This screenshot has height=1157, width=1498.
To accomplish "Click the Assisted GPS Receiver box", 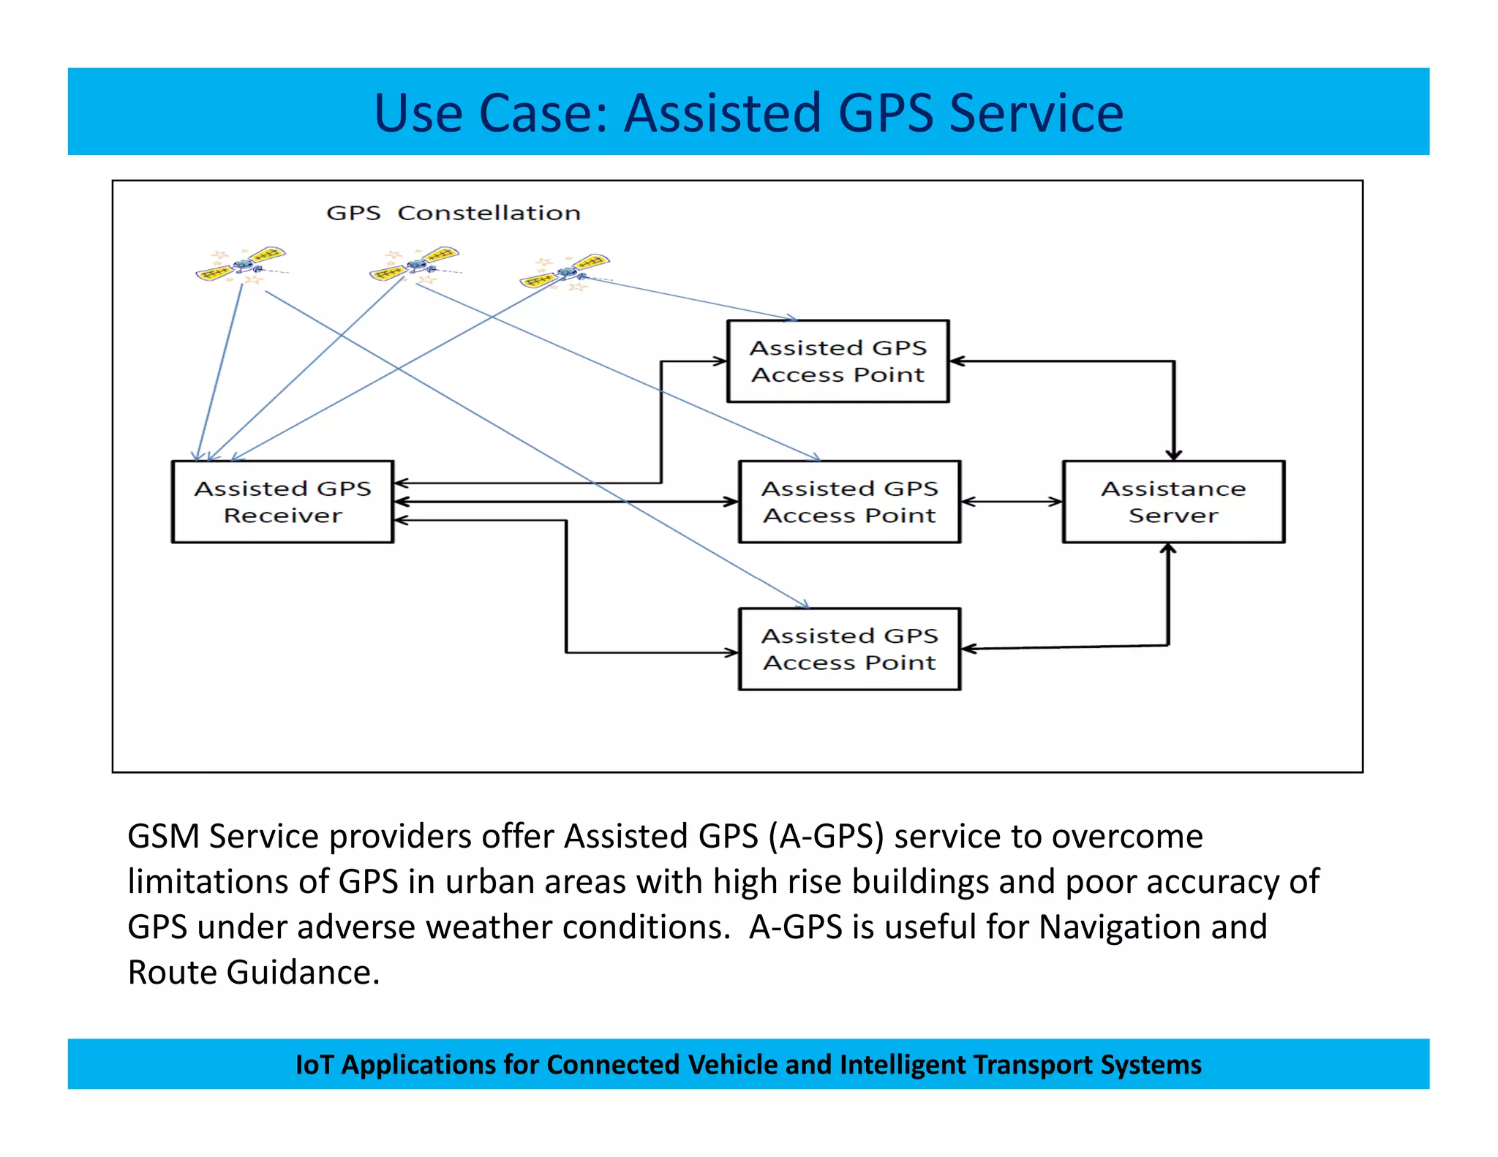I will (x=282, y=502).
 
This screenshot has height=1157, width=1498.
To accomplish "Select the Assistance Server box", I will (x=1173, y=502).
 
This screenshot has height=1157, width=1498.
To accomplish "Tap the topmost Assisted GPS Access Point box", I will (x=838, y=361).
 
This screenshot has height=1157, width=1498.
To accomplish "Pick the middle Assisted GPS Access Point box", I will (x=849, y=502).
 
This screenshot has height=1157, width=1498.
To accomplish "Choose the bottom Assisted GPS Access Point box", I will (x=849, y=649).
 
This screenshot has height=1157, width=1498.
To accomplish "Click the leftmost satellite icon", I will (x=241, y=265).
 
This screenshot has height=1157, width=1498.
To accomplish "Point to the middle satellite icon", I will (x=415, y=265).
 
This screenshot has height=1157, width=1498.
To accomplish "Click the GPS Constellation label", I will (x=453, y=213).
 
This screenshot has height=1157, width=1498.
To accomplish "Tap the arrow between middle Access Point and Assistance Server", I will (x=1011, y=502).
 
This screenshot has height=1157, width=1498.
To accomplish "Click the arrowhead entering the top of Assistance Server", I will (x=1174, y=453).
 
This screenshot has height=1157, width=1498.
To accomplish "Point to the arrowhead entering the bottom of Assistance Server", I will (x=1169, y=550).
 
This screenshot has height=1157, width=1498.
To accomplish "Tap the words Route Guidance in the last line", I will (x=253, y=973).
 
